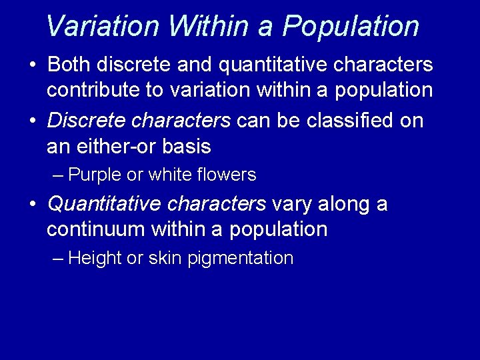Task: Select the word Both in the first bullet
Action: [71, 65]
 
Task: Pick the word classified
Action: [345, 121]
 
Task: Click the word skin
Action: [165, 259]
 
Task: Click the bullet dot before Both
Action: [33, 65]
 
